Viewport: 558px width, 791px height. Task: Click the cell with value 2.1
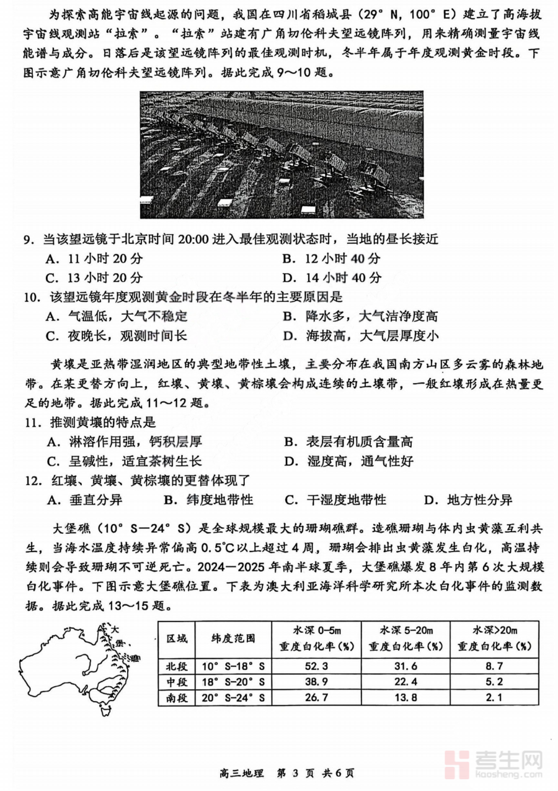coord(495,697)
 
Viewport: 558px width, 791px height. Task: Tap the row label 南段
coord(176,697)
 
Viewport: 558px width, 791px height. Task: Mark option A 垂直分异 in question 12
coord(87,500)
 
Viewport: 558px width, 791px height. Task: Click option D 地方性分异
coord(468,500)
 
